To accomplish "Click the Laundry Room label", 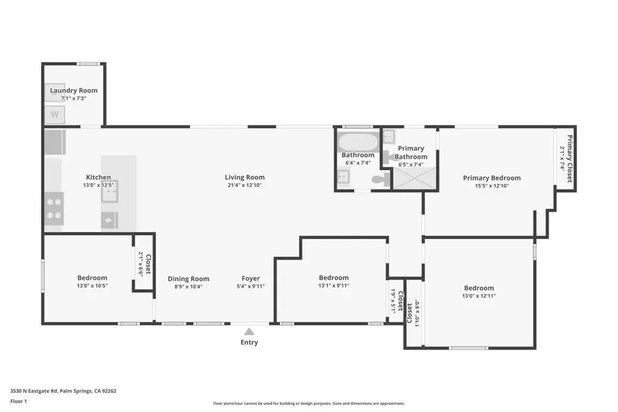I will pos(73,90).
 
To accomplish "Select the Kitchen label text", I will pos(98,177).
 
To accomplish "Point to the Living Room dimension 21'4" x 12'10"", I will pos(244,186).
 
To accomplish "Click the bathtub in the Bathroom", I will pos(358,143).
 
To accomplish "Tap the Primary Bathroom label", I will pos(411,152).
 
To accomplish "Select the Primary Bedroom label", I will pos(491,178).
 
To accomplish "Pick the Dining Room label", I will pos(189,279).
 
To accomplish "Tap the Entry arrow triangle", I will pos(249,331).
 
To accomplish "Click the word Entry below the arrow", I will pos(249,342).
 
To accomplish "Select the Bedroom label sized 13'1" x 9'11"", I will pos(333,277).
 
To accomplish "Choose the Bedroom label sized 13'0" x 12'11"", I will pos(479,288).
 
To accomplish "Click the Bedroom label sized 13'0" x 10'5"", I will pos(92,277).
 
